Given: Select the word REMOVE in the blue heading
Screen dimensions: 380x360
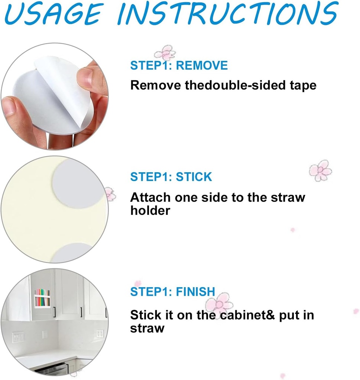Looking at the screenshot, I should tap(201, 66).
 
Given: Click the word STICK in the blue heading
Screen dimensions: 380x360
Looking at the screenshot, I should tap(194, 177).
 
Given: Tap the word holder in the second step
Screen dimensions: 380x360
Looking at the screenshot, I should tap(150, 211).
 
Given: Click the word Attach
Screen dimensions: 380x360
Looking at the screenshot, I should tap(150, 197).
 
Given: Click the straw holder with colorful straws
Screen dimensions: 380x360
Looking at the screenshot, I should tap(42, 298).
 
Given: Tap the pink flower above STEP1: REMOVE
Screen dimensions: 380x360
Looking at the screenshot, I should tap(165, 53).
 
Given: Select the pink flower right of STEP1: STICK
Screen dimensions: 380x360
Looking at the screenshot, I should tap(320, 170).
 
